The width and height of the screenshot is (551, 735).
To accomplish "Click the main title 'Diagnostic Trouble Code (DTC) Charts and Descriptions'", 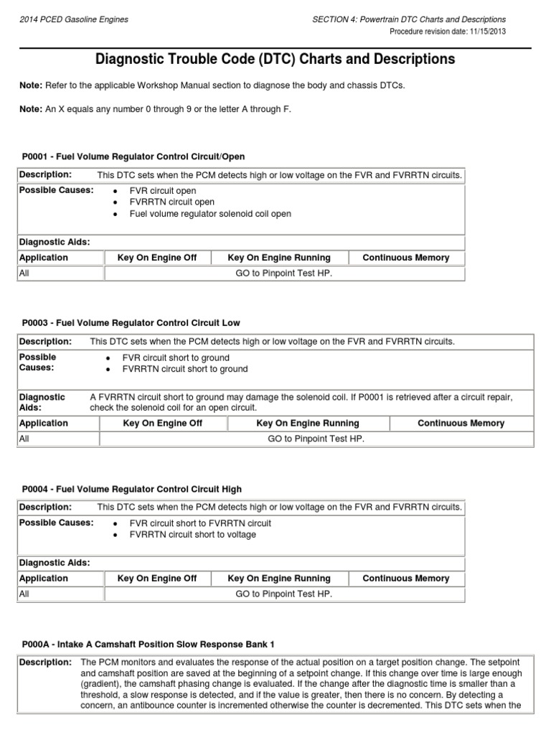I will tap(275, 60).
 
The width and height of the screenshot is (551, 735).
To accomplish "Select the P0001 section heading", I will tap(133, 156).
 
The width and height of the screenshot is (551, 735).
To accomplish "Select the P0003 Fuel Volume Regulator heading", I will tap(131, 322).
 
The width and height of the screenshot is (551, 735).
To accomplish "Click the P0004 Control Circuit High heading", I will tap(132, 490).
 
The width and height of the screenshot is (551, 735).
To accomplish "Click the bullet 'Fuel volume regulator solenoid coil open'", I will tap(209, 214).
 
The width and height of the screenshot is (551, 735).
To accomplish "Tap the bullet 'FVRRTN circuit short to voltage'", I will tap(192, 535).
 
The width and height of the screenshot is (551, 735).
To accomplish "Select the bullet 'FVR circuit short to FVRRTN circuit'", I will tap(200, 523).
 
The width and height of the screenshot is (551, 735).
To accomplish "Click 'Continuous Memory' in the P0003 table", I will tap(461, 423).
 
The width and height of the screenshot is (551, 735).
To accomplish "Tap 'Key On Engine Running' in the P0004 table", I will tap(279, 579).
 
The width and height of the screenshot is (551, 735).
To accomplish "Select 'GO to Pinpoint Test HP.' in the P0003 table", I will tap(316, 438).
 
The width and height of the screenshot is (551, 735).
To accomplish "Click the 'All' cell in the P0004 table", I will tap(25, 594).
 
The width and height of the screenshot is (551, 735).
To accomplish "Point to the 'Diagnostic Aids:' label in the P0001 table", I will tap(55, 243).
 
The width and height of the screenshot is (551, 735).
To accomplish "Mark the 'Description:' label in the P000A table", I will tap(45, 662).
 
